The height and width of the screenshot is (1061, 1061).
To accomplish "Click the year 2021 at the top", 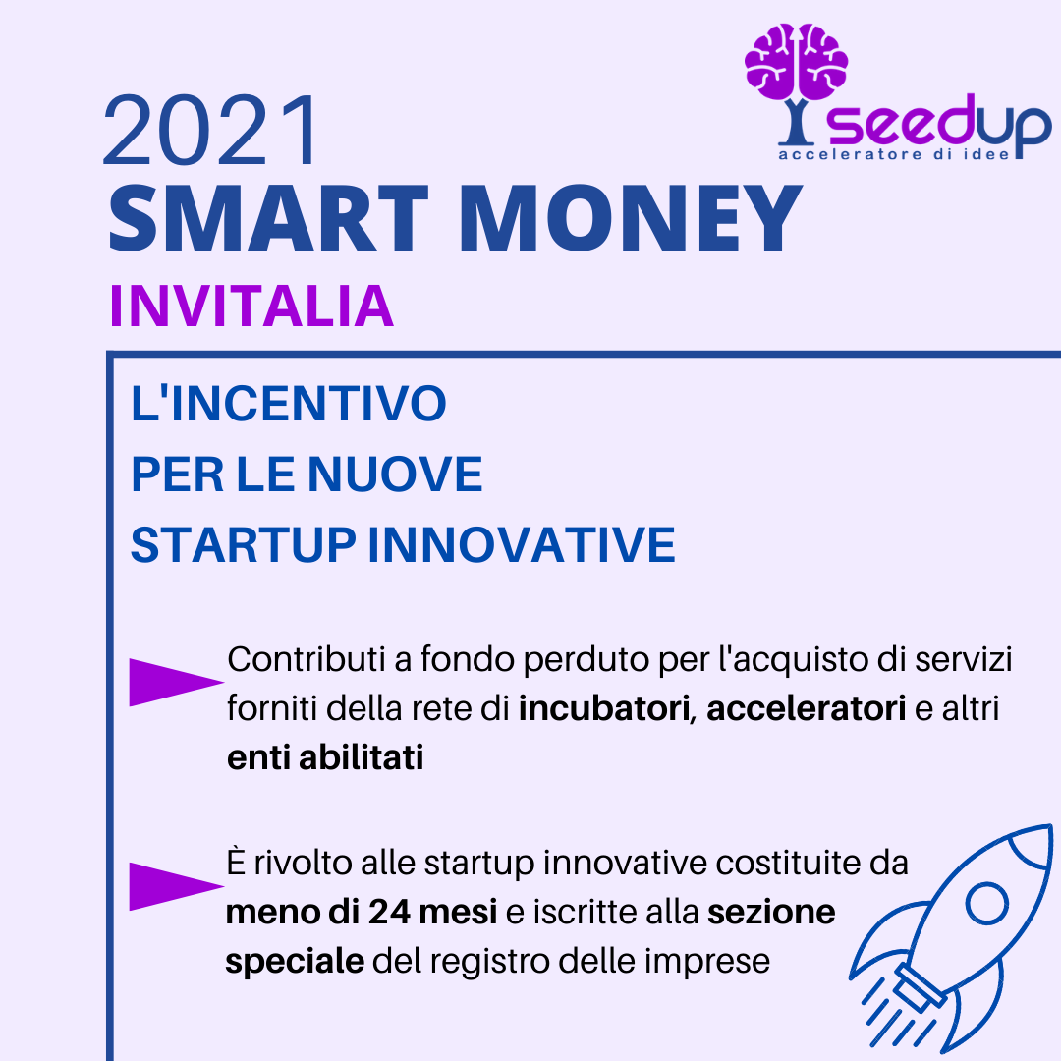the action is (x=210, y=130).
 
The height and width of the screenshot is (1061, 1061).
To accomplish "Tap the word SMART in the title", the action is (x=268, y=218).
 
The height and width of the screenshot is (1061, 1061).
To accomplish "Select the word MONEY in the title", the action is (x=631, y=218).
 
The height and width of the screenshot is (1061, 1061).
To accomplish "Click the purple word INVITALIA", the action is (x=251, y=307).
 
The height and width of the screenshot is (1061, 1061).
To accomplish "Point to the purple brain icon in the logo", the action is (x=797, y=62).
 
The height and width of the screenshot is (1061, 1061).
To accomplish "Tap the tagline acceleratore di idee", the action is (x=894, y=155).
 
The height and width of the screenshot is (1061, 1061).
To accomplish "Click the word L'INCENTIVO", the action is (x=288, y=404).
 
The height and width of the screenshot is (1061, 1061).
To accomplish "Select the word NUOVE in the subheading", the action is (x=395, y=475).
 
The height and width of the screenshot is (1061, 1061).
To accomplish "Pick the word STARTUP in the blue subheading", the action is (x=244, y=544).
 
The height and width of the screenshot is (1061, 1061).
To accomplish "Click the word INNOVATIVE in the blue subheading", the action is (x=522, y=544).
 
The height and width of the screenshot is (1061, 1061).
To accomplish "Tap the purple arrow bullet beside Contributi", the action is (x=176, y=682).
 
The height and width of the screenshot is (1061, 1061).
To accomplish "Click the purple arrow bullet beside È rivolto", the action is (x=176, y=886).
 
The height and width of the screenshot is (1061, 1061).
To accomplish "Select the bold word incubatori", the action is (x=604, y=708).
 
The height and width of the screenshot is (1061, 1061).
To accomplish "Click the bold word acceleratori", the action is (x=806, y=708).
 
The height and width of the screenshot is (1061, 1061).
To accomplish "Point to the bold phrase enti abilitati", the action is (x=325, y=757).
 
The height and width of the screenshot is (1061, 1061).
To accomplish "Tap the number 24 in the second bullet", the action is (x=389, y=912).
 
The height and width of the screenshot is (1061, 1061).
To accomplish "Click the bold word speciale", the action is (x=295, y=962).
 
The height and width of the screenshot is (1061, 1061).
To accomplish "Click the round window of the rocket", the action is (x=987, y=904).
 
